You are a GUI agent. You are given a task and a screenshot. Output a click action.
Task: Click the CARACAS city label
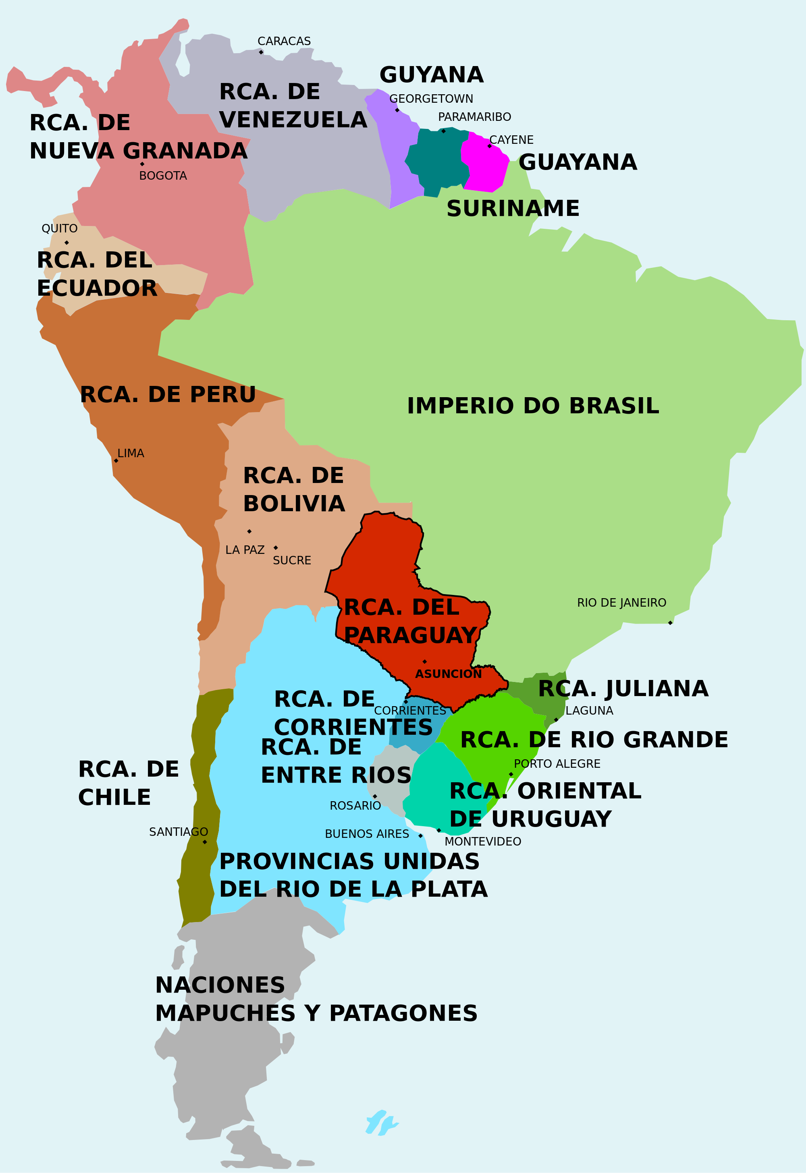click(x=284, y=41)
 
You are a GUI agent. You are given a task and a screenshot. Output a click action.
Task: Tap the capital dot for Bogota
click(x=142, y=164)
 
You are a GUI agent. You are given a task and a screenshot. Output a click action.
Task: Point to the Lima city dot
click(x=116, y=461)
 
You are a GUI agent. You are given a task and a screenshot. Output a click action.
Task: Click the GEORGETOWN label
click(x=431, y=98)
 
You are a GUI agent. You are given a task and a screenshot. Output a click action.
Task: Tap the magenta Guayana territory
click(x=485, y=164)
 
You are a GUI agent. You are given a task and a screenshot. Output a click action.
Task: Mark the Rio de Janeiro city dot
click(x=670, y=623)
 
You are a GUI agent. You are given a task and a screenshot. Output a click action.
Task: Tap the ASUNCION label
click(x=449, y=674)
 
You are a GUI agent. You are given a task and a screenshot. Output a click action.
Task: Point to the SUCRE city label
click(x=292, y=560)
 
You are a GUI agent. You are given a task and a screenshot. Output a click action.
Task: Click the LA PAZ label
click(x=245, y=550)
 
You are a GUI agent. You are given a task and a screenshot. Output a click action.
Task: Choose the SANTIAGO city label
click(x=178, y=832)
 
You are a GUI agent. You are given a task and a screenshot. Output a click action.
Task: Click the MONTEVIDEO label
click(x=483, y=841)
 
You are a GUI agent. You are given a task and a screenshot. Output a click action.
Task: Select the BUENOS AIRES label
click(x=367, y=834)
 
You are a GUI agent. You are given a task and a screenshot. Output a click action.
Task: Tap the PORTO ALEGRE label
click(x=557, y=764)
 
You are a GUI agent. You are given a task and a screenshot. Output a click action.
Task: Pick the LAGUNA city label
click(x=589, y=711)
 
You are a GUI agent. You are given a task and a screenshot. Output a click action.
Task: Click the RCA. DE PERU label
click(x=168, y=395)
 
